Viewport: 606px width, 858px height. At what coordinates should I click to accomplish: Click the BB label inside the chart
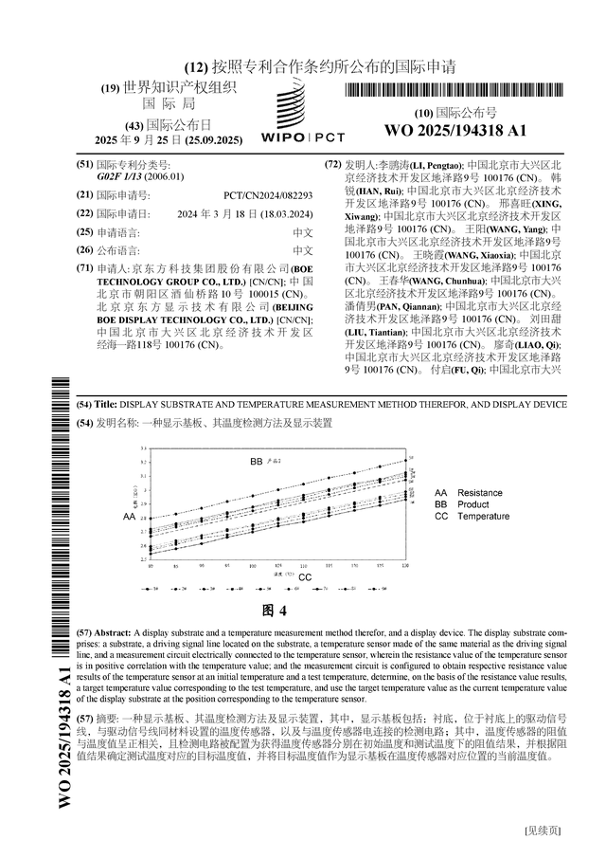tap(256, 462)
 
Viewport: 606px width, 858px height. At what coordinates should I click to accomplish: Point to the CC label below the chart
tap(305, 576)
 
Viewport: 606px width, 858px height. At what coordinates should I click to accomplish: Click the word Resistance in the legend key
tap(480, 493)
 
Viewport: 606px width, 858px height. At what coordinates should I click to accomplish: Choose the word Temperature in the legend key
tap(484, 517)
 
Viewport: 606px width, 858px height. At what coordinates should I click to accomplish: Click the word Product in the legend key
tap(473, 505)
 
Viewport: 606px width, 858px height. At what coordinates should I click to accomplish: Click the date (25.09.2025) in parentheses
tap(216, 139)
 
